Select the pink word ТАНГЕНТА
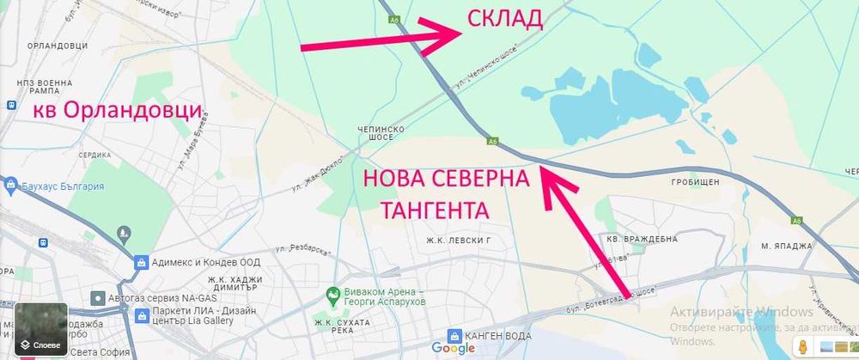tap(435, 210)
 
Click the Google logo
tap(453, 348)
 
